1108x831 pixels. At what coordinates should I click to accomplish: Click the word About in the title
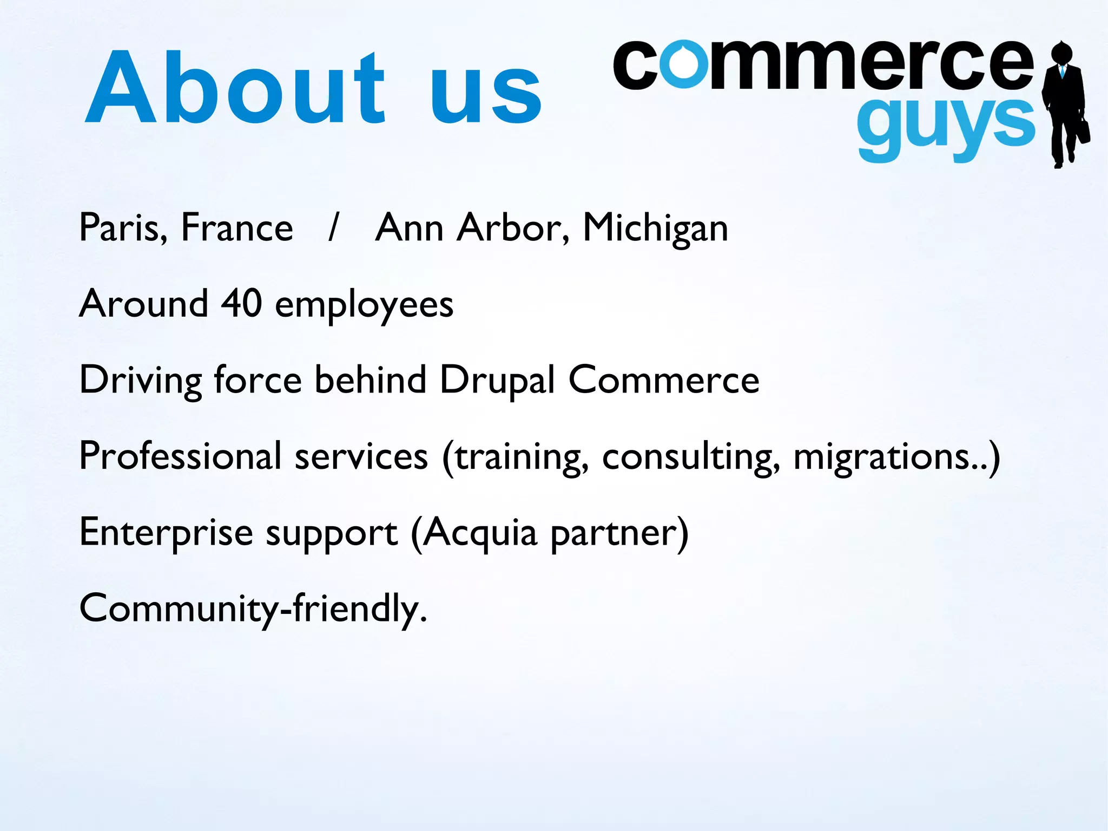[x=235, y=88]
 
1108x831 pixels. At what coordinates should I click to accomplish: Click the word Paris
[x=123, y=227]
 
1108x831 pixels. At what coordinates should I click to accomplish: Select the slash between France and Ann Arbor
[x=333, y=227]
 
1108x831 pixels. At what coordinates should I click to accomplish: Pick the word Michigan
[x=655, y=228]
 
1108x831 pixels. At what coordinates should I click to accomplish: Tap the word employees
[x=364, y=306]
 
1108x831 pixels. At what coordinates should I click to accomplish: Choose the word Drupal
[x=497, y=380]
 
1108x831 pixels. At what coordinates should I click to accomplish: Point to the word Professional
[x=180, y=456]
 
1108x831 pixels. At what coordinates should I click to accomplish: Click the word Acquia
[x=479, y=533]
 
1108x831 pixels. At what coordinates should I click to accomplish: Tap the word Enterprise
[x=166, y=533]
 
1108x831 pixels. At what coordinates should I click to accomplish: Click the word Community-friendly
[x=253, y=609]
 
